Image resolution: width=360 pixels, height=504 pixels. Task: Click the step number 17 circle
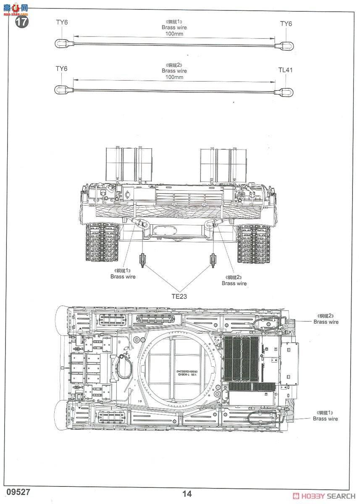click(22, 22)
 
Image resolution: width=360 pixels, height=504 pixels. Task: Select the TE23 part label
click(179, 296)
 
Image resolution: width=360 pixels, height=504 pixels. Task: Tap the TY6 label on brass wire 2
click(61, 68)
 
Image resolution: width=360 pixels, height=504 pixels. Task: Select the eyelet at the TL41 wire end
click(287, 92)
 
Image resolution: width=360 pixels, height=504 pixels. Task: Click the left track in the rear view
click(102, 243)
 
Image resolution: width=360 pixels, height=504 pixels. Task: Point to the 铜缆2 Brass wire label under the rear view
click(234, 281)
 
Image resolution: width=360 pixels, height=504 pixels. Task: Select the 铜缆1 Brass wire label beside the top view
click(325, 416)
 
